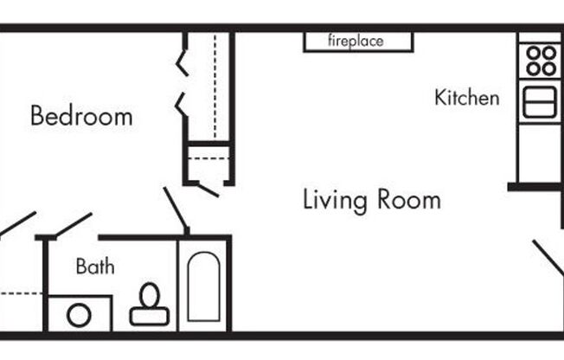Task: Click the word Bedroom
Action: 81,116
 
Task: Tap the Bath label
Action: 94,266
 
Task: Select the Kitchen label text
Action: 466,98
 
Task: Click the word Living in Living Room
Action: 335,200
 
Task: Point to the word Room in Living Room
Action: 409,200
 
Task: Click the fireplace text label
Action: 356,41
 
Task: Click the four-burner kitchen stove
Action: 542,61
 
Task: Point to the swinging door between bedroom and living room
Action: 176,210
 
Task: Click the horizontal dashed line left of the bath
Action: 21,294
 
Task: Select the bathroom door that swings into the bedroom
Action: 73,225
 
